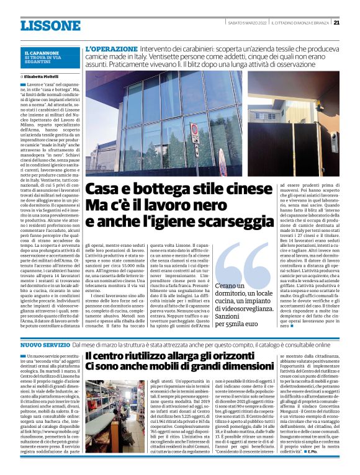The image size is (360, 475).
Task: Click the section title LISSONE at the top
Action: (x=50, y=25)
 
